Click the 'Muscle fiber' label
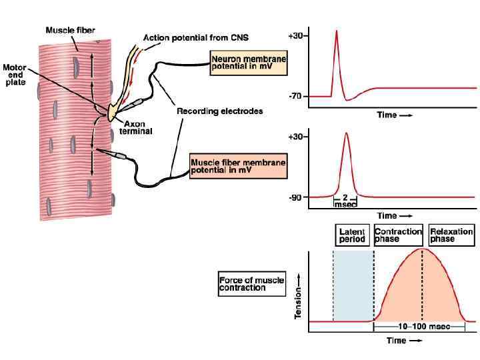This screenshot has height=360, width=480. [70, 30]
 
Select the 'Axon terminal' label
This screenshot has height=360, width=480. [135, 127]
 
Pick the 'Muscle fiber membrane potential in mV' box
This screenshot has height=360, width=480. [238, 167]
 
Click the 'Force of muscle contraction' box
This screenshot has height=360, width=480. [245, 283]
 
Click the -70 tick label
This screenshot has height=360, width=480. [295, 97]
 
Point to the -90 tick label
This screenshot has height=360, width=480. [295, 198]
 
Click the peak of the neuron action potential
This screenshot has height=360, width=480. [337, 30]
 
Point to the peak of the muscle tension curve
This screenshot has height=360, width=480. [422, 249]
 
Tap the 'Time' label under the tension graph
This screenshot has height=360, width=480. [399, 340]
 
